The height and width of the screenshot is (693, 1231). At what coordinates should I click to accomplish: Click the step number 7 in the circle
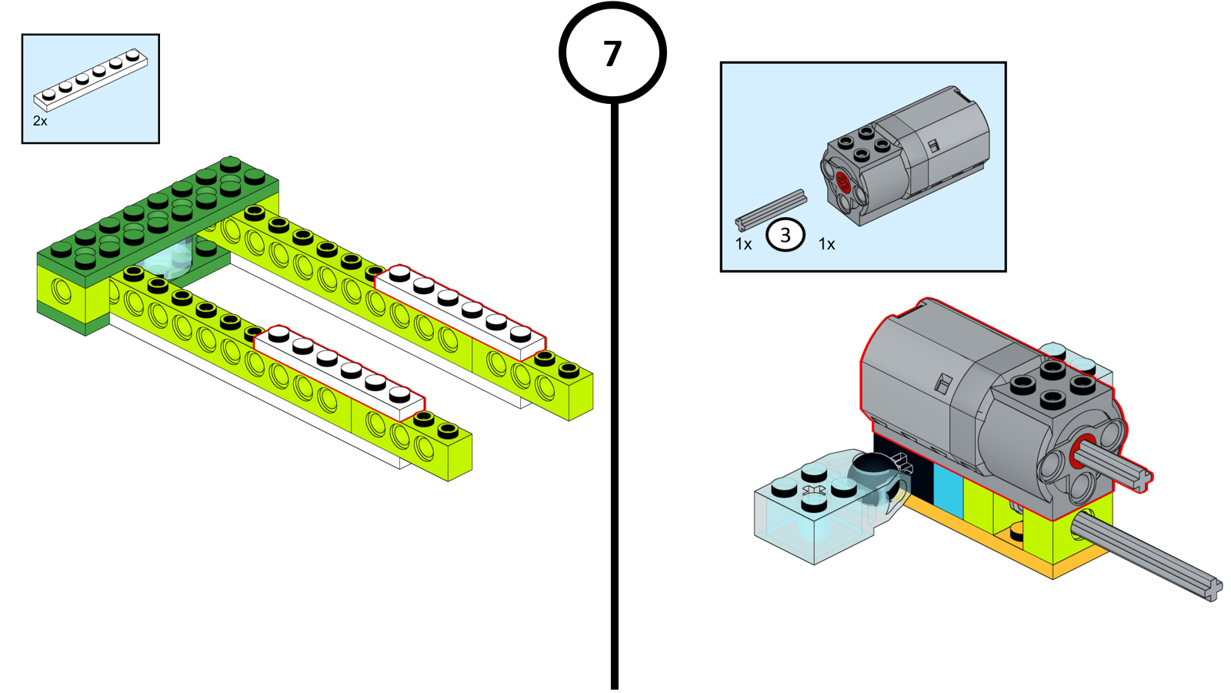click(x=612, y=54)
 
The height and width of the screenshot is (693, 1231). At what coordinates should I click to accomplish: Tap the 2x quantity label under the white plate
click(x=40, y=121)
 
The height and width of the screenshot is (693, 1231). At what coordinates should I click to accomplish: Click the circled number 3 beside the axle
click(x=785, y=235)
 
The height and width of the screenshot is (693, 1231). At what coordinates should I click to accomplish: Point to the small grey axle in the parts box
click(x=771, y=209)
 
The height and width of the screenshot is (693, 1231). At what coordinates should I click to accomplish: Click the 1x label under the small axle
click(x=743, y=244)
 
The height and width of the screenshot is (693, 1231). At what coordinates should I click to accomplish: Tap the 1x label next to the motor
click(x=826, y=244)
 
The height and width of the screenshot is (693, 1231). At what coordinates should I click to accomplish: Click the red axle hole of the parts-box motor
click(x=842, y=182)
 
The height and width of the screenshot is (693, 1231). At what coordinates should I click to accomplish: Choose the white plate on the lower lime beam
click(x=339, y=373)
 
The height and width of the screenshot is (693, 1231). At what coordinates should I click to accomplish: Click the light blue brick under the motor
click(x=948, y=488)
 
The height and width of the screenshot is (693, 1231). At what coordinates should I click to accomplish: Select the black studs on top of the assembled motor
click(x=1053, y=384)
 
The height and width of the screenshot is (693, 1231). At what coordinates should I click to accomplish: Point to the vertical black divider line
click(x=614, y=385)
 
